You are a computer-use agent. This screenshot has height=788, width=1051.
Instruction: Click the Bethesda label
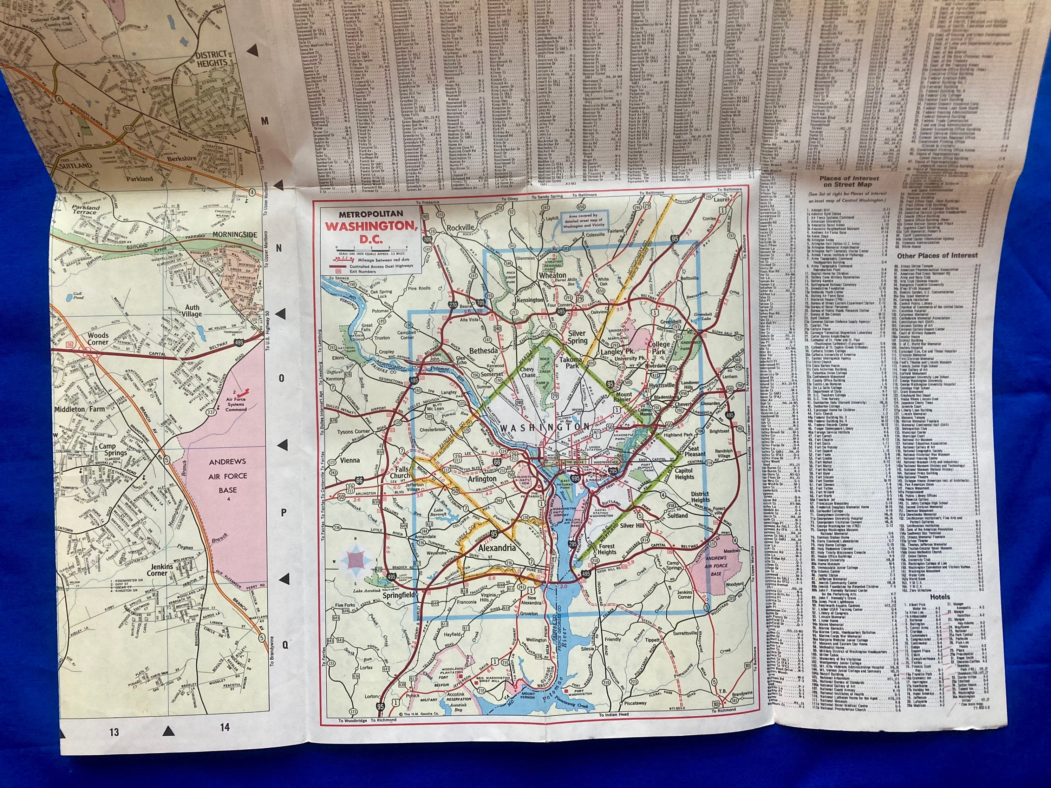point(470,350)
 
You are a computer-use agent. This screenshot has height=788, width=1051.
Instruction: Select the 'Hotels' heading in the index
point(940,597)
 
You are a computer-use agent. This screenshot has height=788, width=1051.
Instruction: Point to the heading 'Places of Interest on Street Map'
point(849,182)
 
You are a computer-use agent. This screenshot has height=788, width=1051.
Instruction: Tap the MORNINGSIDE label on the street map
point(235,235)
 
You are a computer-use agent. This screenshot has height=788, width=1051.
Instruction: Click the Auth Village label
point(192,311)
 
